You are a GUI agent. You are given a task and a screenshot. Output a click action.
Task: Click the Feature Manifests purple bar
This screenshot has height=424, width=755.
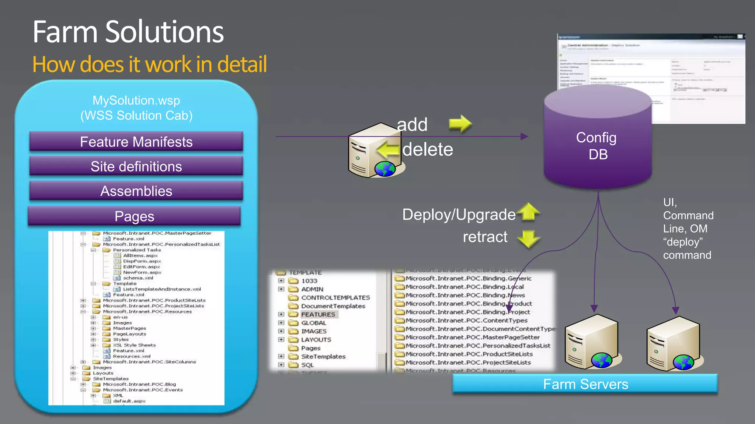pyautogui.click(x=136, y=142)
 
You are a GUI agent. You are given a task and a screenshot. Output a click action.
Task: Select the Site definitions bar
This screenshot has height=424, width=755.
pyautogui.click(x=136, y=166)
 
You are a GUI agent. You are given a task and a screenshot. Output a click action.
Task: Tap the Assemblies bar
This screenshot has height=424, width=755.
pyautogui.click(x=136, y=191)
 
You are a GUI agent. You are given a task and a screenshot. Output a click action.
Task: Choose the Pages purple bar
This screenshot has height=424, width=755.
pyautogui.click(x=134, y=216)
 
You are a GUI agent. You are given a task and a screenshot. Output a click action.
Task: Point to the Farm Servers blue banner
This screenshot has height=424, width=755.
pyautogui.click(x=585, y=384)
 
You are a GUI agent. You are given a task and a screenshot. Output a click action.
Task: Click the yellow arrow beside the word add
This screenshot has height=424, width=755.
pyautogui.click(x=460, y=124)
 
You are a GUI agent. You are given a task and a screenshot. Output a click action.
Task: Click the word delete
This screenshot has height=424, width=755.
pyautogui.click(x=428, y=149)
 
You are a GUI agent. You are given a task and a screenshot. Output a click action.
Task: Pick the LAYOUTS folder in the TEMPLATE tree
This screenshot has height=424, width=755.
pyautogui.click(x=316, y=340)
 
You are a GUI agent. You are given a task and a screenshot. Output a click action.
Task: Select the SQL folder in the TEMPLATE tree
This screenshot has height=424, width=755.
pyautogui.click(x=307, y=365)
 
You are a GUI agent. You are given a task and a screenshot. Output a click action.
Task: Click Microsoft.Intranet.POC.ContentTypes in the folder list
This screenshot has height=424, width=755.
pyautogui.click(x=466, y=320)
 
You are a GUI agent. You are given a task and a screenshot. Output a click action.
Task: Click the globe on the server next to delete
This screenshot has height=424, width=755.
pyautogui.click(x=385, y=169)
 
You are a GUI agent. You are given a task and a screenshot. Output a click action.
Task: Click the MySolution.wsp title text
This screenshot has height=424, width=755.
pyautogui.click(x=136, y=100)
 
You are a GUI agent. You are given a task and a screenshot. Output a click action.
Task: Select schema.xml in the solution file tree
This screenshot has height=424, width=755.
pyautogui.click(x=138, y=278)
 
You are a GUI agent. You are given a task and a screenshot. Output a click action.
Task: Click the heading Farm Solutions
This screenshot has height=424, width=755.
pyautogui.click(x=128, y=32)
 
